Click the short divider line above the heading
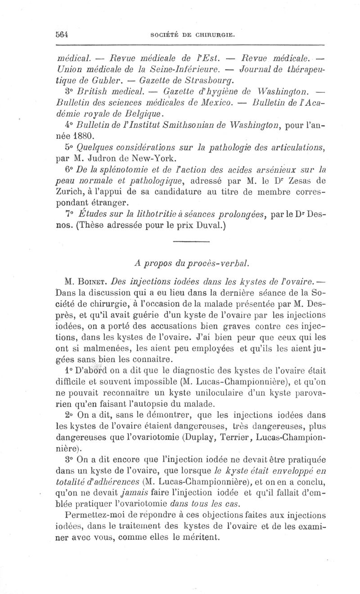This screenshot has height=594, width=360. point(191,243)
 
